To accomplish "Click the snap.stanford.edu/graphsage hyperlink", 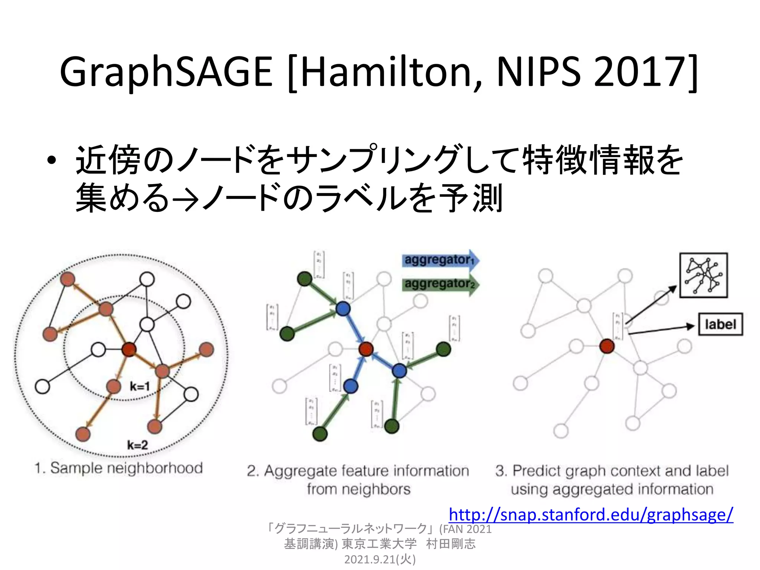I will [591, 515].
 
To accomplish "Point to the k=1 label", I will [140, 386].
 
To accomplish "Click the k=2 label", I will [137, 445].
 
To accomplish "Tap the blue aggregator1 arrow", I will [440, 260].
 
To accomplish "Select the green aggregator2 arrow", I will [440, 284].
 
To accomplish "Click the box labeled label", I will [720, 325].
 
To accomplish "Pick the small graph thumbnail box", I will [703, 275].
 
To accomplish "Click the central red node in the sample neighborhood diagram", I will [129, 349].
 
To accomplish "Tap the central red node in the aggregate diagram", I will [366, 349].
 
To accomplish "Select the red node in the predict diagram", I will [607, 346].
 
